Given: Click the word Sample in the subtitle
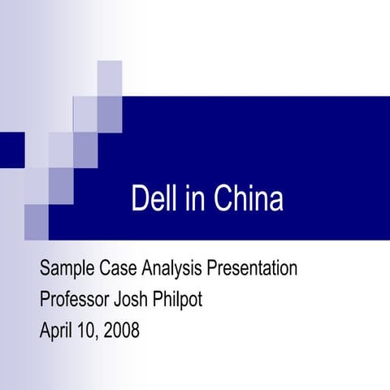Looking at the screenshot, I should coord(68,268).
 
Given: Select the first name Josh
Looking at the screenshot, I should coord(138,299).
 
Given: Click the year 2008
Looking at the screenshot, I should coord(120,331).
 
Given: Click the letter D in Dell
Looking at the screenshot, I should coord(139,198).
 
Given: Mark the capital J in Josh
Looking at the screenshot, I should coord(124,299).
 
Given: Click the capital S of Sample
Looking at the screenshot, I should coord(45,268).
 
